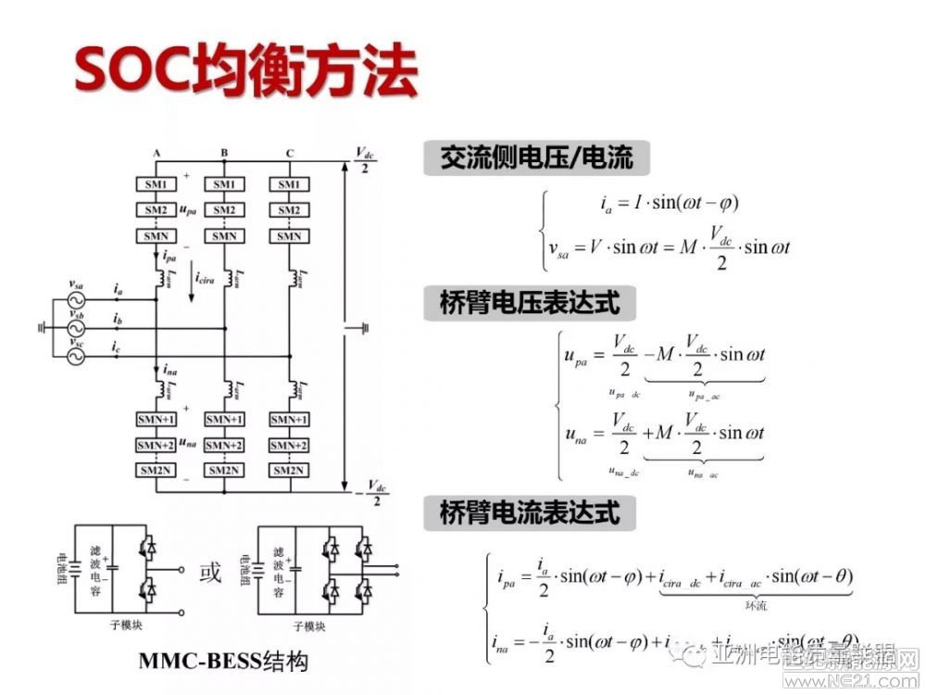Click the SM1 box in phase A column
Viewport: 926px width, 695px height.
pos(156,184)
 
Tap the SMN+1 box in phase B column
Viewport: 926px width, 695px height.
pos(223,419)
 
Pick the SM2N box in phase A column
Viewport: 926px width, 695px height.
pos(156,471)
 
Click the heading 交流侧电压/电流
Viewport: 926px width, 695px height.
pos(537,158)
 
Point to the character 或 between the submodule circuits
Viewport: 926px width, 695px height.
pos(211,574)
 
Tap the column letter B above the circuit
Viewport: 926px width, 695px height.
pos(224,153)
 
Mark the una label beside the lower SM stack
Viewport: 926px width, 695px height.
pos(188,445)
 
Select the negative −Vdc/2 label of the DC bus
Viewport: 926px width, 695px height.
pos(371,492)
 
